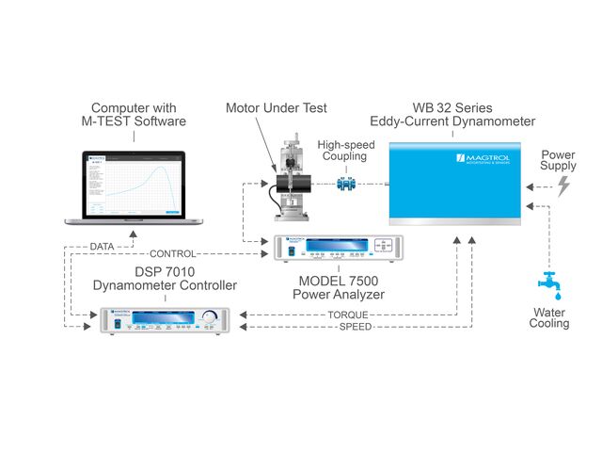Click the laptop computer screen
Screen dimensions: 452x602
[134, 185]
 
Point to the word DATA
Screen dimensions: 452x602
[103, 246]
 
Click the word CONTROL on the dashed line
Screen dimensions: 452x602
[173, 254]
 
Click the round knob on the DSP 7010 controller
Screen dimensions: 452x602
[208, 317]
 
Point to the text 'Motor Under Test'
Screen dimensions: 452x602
[276, 108]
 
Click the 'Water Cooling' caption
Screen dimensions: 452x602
[550, 317]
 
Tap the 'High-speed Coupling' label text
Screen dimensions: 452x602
[346, 150]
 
